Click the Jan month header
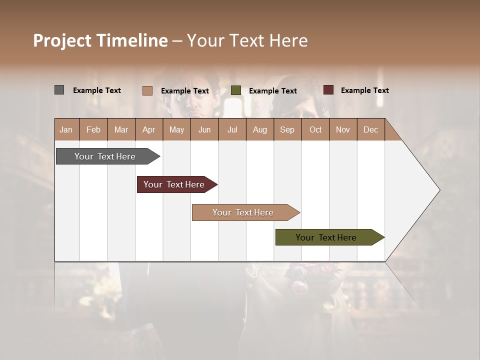click(66, 129)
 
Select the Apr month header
click(149, 129)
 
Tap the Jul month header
click(232, 129)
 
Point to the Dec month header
click(370, 129)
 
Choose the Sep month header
click(287, 129)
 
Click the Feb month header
click(93, 129)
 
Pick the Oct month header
click(315, 129)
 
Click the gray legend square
click(59, 90)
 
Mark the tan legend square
click(147, 90)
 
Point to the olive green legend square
click(236, 90)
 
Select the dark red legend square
click(328, 90)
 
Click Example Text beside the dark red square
click(364, 90)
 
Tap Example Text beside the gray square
click(97, 90)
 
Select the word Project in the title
click(62, 40)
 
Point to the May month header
click(176, 129)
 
